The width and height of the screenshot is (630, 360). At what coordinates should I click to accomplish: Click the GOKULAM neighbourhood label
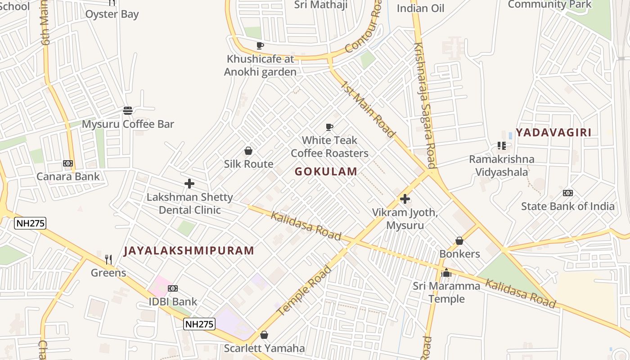point(326,171)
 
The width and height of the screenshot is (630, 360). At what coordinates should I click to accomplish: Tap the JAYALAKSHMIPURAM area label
point(189,251)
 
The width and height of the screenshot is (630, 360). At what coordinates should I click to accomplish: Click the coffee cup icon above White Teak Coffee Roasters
point(329,127)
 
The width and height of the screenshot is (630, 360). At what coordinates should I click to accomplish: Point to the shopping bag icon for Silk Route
point(248,151)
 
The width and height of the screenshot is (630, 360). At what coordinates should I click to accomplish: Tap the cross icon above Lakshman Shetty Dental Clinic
point(189,184)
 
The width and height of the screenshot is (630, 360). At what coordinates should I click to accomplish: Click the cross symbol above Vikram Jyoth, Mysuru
point(405,198)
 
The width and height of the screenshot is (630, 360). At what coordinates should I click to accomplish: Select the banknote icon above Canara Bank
point(68,163)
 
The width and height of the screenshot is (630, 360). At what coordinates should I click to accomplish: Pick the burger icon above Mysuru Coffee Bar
point(128,111)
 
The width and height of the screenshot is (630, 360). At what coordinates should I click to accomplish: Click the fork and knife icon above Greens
point(108,260)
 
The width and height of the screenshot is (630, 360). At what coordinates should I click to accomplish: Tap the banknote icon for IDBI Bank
point(173,288)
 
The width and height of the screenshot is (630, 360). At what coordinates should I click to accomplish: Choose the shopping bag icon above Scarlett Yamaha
point(264,335)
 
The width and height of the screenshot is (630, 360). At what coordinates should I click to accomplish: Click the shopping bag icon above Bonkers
point(459,241)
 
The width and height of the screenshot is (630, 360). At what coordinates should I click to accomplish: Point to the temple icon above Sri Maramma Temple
point(446,273)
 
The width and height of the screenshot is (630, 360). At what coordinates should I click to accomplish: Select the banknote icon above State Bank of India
point(568,193)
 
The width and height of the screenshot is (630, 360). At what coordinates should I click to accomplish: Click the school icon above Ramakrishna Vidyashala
point(502,146)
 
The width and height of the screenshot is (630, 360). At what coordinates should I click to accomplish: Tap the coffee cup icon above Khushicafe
point(260,45)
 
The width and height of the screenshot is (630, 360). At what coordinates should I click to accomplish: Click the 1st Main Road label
point(368,109)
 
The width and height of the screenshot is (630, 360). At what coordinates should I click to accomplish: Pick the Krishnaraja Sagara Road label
point(425,105)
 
